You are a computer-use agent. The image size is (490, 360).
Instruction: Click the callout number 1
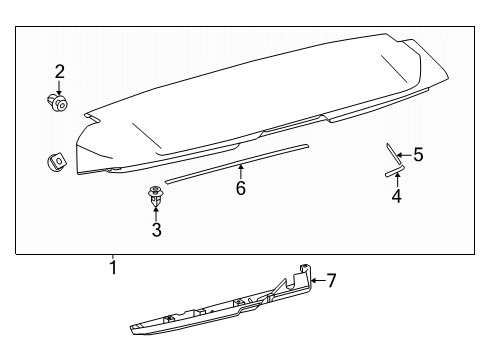click(x=113, y=267)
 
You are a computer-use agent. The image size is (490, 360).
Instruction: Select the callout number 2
click(x=59, y=72)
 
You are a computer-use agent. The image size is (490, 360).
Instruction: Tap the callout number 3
click(x=157, y=230)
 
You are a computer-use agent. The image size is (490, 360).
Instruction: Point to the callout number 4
click(x=396, y=196)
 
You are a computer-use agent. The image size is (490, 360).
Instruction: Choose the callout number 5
click(x=418, y=155)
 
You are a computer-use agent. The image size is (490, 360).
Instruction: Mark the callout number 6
click(x=241, y=188)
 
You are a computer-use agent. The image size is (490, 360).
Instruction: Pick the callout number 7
click(x=331, y=280)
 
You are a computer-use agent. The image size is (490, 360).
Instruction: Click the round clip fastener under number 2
click(x=57, y=102)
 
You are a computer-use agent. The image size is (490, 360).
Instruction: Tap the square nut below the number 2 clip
click(x=56, y=162)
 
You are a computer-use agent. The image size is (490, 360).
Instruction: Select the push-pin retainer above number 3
click(x=156, y=196)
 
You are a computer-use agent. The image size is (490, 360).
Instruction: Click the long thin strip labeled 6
click(x=237, y=164)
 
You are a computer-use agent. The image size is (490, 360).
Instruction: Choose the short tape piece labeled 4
click(x=395, y=171)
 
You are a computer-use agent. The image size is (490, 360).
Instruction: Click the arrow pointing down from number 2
click(x=59, y=88)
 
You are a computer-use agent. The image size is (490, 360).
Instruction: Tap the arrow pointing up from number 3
click(x=156, y=215)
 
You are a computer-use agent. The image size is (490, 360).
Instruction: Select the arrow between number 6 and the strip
click(x=240, y=172)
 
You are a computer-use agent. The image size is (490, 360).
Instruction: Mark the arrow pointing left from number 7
click(x=317, y=281)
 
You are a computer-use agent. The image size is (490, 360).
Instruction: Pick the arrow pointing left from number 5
click(x=405, y=155)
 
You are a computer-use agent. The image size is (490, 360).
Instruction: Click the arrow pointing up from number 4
click(x=397, y=180)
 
